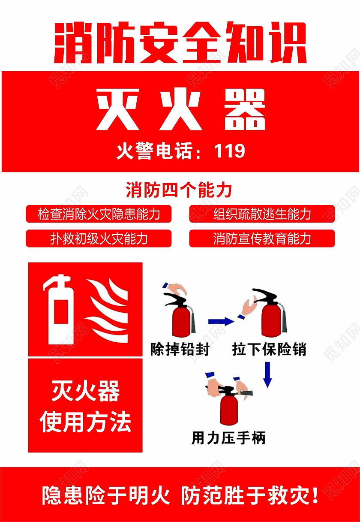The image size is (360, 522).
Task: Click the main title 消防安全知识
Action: pyautogui.click(x=180, y=42)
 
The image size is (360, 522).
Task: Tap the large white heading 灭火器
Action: pyautogui.click(x=180, y=110)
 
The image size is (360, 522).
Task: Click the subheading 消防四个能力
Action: pyautogui.click(x=179, y=190)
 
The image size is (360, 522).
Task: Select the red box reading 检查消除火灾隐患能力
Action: pyautogui.click(x=99, y=214)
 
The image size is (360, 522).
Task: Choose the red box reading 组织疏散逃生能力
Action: pyautogui.click(x=262, y=214)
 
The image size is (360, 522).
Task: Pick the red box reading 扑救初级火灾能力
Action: pyautogui.click(x=99, y=238)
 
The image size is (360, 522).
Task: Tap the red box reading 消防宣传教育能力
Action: pyautogui.click(x=262, y=238)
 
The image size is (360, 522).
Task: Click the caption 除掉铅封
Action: pyautogui.click(x=180, y=349)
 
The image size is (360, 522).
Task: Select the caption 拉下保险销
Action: pyautogui.click(x=269, y=349)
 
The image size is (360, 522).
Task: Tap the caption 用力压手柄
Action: pyautogui.click(x=228, y=438)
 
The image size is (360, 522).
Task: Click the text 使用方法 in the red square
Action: pyautogui.click(x=86, y=422)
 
